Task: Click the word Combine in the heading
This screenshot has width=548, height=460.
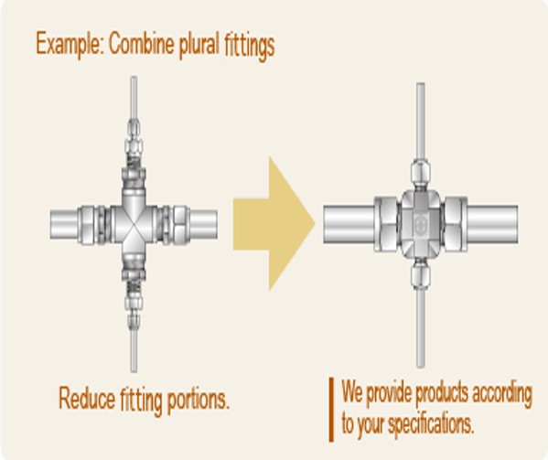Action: pos(141,44)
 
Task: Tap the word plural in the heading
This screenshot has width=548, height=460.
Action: pos(199,45)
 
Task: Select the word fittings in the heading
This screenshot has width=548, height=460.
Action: pos(249,46)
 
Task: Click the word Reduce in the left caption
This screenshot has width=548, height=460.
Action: pos(87,398)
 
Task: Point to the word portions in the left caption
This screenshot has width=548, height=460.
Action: pos(199,400)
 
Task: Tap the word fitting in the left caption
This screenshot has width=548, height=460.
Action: pos(141,400)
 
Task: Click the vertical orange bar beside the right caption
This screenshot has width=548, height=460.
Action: pos(331,410)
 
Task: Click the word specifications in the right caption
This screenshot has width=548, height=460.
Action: pos(431,423)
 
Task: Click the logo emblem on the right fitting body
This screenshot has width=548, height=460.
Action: pos(421,224)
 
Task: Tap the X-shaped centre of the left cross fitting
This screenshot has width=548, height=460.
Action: pos(134,223)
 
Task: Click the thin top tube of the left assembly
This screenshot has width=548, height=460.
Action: pos(134,98)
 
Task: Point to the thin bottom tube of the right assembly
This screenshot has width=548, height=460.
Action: pos(421,328)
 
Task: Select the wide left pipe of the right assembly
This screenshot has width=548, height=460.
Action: pos(349,224)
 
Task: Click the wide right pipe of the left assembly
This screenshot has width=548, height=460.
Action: pos(203,224)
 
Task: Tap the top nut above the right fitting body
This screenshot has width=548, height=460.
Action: pos(421,172)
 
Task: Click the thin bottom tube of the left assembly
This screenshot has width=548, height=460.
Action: pos(134,350)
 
